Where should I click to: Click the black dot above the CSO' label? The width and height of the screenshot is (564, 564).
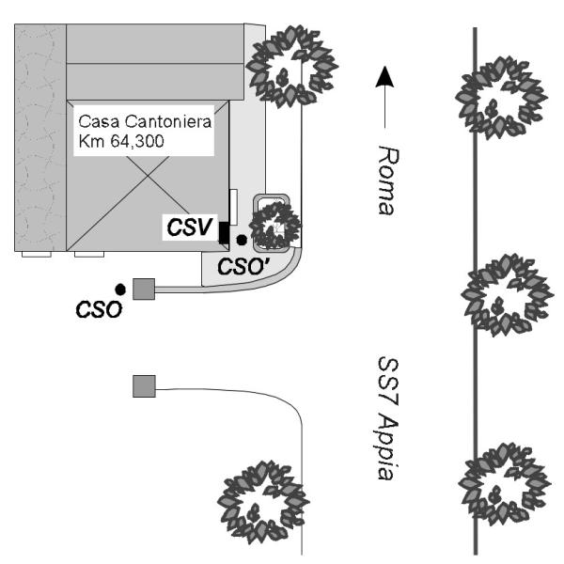(242, 241)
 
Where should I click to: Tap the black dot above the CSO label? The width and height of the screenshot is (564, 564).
(119, 288)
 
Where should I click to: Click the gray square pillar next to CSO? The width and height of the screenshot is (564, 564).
(144, 289)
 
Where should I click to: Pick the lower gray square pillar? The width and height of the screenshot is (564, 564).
(144, 385)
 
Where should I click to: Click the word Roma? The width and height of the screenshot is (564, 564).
(384, 180)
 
